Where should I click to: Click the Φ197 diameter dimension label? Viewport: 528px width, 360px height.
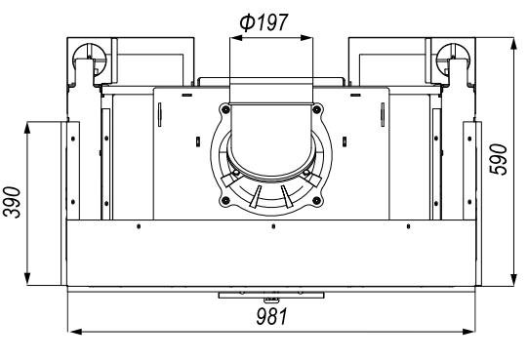pyautogui.click(x=264, y=22)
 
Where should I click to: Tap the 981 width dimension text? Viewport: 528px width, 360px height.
pyautogui.click(x=271, y=316)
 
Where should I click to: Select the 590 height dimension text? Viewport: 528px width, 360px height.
pyautogui.click(x=499, y=159)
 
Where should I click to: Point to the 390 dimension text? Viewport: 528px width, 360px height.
pyautogui.click(x=12, y=202)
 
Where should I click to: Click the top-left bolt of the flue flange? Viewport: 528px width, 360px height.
pyautogui.click(x=225, y=109)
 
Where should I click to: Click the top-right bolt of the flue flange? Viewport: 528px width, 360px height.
pyautogui.click(x=316, y=109)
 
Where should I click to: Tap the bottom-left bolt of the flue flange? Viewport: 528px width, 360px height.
pyautogui.click(x=225, y=201)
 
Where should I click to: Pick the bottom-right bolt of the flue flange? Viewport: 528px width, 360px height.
pyautogui.click(x=316, y=201)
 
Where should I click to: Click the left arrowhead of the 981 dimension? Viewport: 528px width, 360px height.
pyautogui.click(x=75, y=332)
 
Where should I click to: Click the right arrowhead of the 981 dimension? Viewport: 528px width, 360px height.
pyautogui.click(x=468, y=332)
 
